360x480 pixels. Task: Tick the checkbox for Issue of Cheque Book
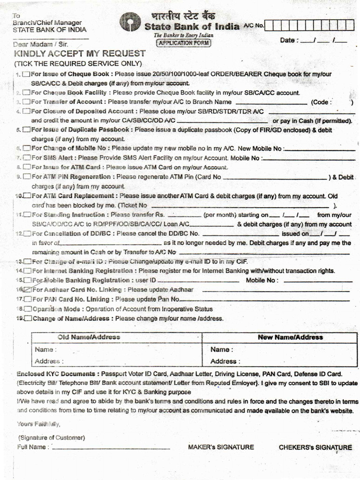click(x=26, y=74)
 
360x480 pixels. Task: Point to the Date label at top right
click(x=288, y=40)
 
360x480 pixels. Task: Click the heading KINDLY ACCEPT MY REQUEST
click(x=79, y=54)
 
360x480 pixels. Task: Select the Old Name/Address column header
click(x=89, y=337)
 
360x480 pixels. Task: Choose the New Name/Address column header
click(x=290, y=337)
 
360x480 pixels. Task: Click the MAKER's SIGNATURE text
click(x=221, y=447)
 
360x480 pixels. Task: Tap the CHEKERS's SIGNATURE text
click(x=315, y=447)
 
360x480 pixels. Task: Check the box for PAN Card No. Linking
click(x=28, y=299)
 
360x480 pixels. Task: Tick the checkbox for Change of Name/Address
click(x=28, y=319)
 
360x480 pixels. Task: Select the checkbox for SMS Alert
click(x=27, y=158)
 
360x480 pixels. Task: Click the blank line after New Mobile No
click(x=319, y=150)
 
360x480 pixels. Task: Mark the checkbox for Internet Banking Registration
click(x=28, y=271)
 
